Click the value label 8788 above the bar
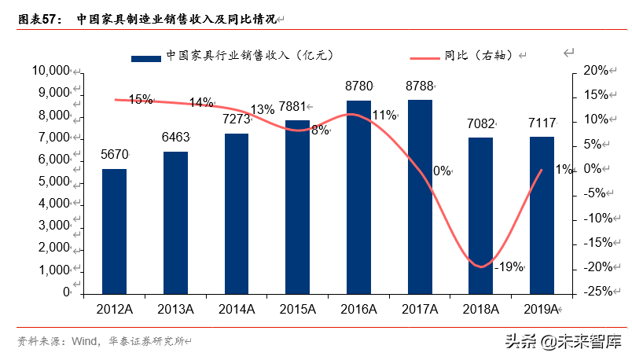[420, 86]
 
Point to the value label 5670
[114, 155]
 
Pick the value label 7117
[542, 123]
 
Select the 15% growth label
[141, 99]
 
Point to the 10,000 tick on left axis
[51, 71]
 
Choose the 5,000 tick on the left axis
[53, 182]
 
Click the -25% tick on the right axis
[594, 292]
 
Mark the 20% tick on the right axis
[596, 71]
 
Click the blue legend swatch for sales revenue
[146, 57]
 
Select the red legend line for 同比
[424, 57]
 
